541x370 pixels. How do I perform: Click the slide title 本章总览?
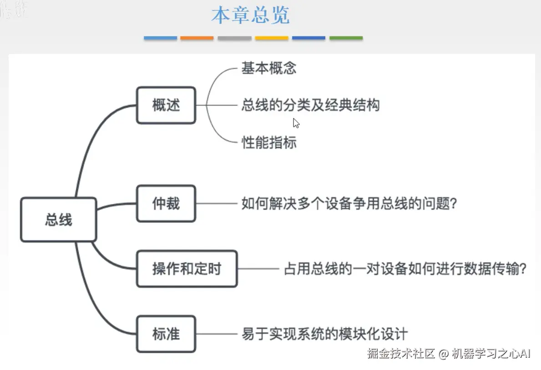click(250, 16)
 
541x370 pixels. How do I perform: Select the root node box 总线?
click(59, 220)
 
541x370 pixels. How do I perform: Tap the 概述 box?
click(166, 105)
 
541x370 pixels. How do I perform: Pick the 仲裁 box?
click(166, 204)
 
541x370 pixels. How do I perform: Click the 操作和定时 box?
click(187, 269)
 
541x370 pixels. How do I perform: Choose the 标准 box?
click(166, 334)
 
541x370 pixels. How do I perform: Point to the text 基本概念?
click(269, 68)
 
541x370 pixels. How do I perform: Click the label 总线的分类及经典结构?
click(310, 105)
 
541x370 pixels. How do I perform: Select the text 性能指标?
click(269, 143)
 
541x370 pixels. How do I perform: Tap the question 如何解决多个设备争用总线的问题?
click(349, 204)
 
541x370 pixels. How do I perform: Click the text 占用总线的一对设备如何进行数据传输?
click(405, 269)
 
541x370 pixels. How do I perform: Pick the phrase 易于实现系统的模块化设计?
click(324, 334)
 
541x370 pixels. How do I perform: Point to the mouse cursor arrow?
click(296, 123)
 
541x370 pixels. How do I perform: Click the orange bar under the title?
click(197, 38)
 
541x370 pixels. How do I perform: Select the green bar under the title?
click(346, 38)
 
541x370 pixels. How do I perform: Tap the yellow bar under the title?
click(271, 38)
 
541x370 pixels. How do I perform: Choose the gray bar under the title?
click(234, 38)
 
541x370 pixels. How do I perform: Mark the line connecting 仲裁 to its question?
click(217, 204)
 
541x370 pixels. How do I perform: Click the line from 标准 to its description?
click(217, 334)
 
